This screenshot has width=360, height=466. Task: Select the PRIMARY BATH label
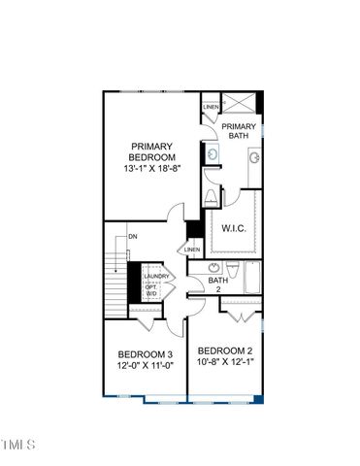coord(238,132)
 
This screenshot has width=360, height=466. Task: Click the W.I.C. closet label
coord(232,230)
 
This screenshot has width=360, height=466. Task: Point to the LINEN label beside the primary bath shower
coord(211,108)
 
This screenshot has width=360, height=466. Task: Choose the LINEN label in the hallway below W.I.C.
coord(192,250)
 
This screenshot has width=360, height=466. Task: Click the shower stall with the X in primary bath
coord(241,104)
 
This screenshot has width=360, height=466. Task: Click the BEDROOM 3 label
coord(145,353)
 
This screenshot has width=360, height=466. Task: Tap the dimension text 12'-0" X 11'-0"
coord(145,366)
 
